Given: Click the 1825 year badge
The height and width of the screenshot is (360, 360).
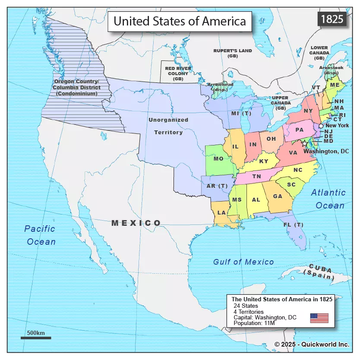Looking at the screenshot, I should [x=332, y=19].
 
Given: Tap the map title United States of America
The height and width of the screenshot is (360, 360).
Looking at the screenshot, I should [x=180, y=21].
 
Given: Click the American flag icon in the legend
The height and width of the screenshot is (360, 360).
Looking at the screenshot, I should [x=319, y=318].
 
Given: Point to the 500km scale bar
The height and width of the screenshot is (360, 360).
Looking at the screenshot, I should [x=36, y=338].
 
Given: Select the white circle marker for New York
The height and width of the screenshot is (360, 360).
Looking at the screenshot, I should [x=321, y=126].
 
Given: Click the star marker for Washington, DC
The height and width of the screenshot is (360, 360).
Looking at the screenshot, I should [x=306, y=143].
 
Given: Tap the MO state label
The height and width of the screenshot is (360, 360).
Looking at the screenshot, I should [x=218, y=159].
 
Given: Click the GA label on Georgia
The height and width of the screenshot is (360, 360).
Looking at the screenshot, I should [x=278, y=196].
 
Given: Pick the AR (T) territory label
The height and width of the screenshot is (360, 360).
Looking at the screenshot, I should [x=217, y=186].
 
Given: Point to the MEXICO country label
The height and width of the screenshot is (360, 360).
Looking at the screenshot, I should [x=136, y=223].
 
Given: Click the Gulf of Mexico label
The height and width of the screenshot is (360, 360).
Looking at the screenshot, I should [x=243, y=262].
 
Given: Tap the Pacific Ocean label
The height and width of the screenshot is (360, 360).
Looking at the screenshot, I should [x=40, y=235].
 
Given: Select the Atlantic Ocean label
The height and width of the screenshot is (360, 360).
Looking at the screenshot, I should [x=329, y=199].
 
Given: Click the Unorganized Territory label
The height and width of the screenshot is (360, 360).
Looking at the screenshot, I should [x=168, y=126].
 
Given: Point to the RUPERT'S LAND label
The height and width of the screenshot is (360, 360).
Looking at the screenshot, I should [x=233, y=53].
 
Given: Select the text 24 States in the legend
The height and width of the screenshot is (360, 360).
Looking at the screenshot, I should [x=246, y=306].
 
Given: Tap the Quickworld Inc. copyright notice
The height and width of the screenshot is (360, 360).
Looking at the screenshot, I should [x=312, y=344].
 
